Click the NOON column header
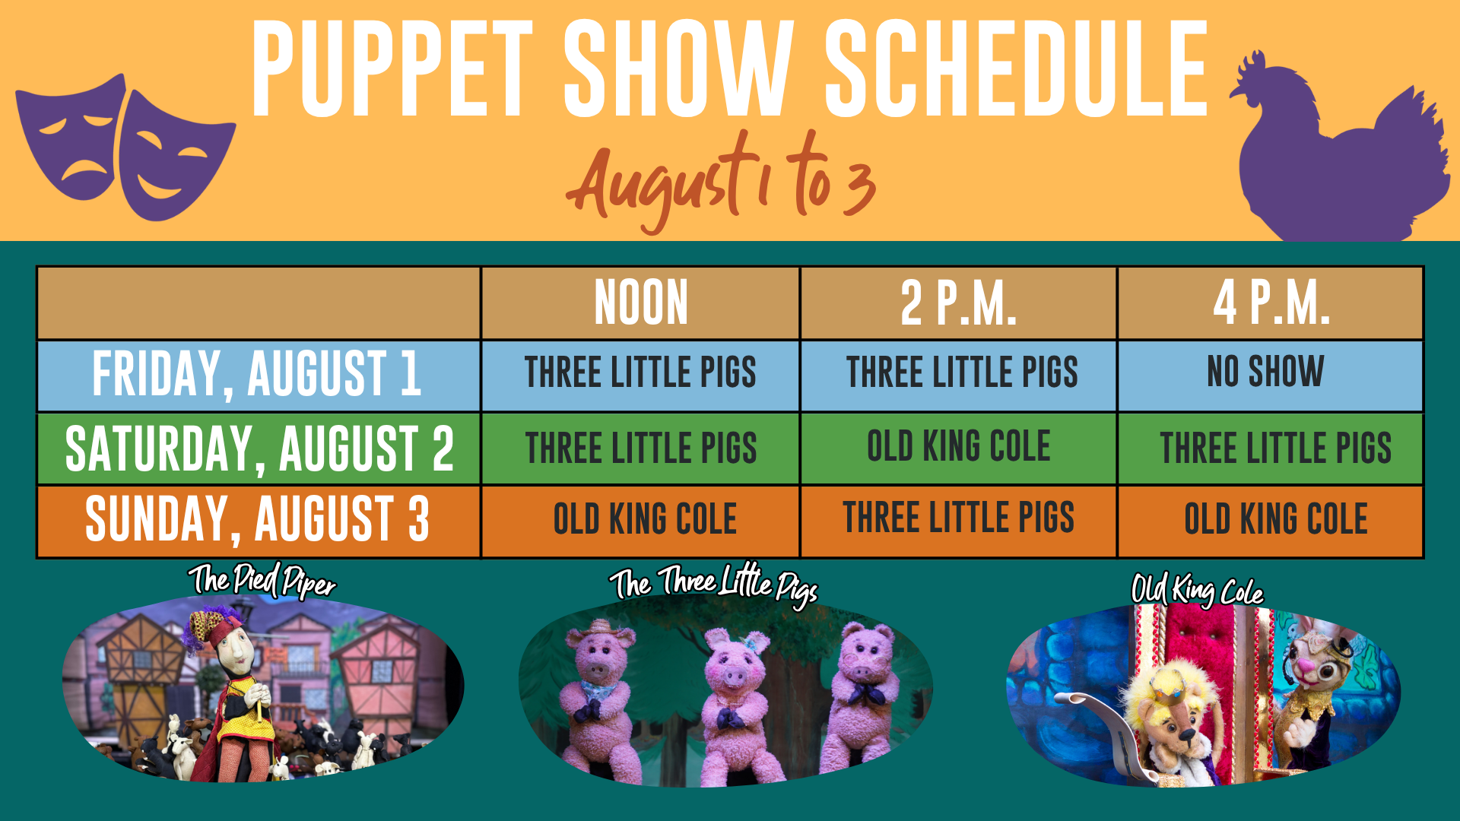641,303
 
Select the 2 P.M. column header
958,303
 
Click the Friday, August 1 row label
257,373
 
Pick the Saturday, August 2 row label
259,448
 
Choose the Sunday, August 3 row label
257,519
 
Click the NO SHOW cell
1265,371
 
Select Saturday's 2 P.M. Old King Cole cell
959,445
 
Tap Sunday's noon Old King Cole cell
645,518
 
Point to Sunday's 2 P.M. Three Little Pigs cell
958,518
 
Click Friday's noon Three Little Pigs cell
640,372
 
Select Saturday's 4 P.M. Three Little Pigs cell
1276,447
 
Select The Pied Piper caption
262,581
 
